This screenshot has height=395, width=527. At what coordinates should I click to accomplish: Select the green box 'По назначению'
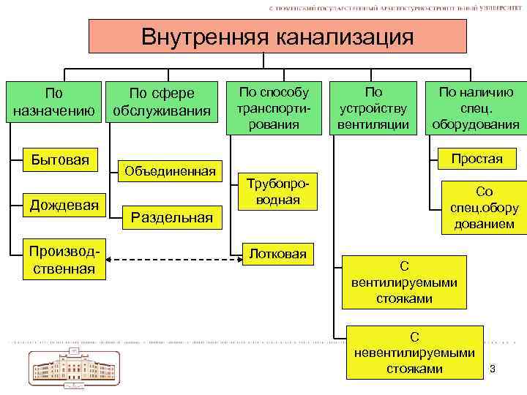[x=53, y=102]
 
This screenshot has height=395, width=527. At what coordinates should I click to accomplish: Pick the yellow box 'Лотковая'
[x=278, y=253]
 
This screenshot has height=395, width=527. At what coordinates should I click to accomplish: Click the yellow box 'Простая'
[x=476, y=159]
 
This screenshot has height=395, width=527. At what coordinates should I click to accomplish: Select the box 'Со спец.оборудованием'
[x=484, y=208]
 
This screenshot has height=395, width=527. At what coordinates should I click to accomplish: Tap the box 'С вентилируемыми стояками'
[x=414, y=282]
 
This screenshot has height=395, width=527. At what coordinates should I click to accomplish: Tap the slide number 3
[x=493, y=367]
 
